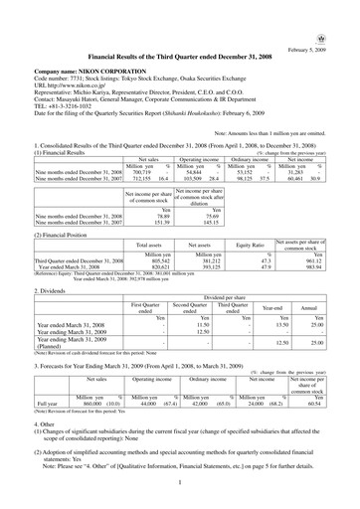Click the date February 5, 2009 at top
328,50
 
